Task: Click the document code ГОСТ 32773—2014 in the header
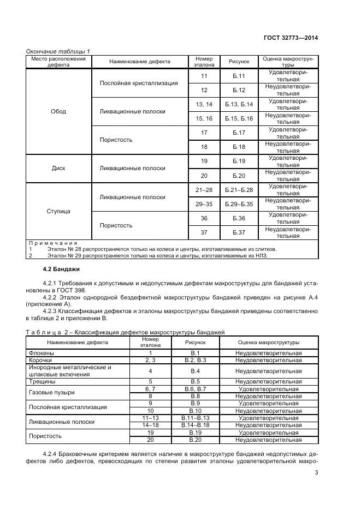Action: [291, 38]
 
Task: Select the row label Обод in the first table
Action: [58, 111]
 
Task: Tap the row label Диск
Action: [58, 169]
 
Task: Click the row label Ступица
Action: [58, 211]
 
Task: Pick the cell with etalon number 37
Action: [204, 232]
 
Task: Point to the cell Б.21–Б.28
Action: [239, 190]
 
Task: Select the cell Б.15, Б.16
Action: [239, 118]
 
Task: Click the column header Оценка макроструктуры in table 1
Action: [288, 61]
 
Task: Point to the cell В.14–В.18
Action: [195, 424]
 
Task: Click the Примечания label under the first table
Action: [53, 242]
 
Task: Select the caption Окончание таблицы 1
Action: [58, 51]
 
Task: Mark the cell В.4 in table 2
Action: [195, 371]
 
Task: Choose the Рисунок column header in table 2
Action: [195, 343]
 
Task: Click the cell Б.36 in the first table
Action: [239, 218]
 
